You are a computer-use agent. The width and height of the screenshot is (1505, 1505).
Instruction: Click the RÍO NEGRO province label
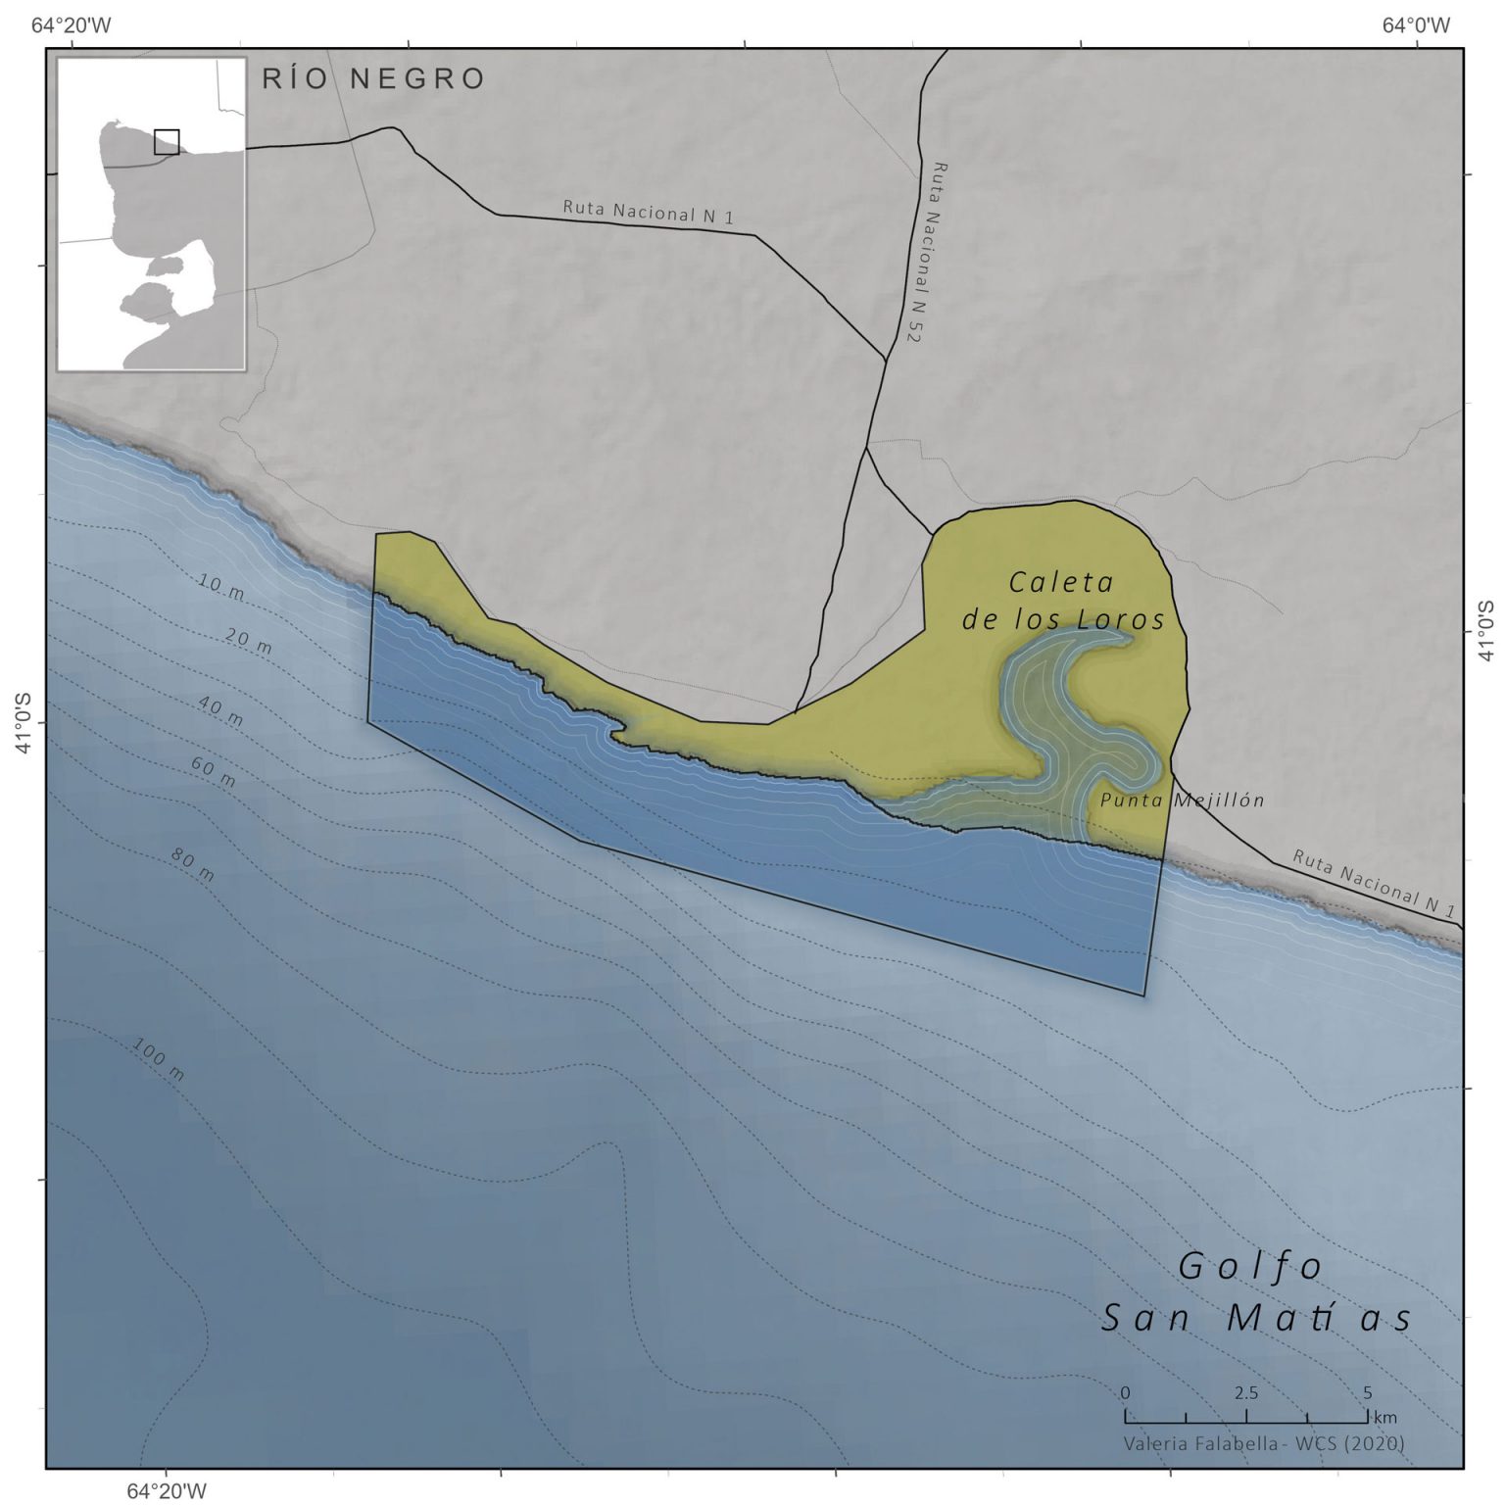click(x=373, y=78)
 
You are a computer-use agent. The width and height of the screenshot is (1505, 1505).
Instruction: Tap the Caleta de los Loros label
click(x=1063, y=601)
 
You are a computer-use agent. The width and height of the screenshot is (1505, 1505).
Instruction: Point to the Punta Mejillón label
click(x=1182, y=801)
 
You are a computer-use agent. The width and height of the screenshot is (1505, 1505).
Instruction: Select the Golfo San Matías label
click(x=1256, y=1292)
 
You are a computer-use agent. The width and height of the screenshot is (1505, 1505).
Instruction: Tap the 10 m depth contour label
click(x=220, y=588)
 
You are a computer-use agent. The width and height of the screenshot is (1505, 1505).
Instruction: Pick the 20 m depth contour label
click(x=248, y=641)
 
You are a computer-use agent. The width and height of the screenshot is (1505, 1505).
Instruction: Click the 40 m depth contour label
click(x=219, y=710)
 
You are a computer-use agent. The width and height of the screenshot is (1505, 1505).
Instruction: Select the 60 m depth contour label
click(x=213, y=772)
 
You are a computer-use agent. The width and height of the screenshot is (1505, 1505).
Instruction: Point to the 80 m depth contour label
click(x=192, y=865)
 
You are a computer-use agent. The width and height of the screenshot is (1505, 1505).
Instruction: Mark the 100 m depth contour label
click(x=158, y=1059)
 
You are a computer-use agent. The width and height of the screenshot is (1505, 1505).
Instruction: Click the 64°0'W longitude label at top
click(x=1416, y=25)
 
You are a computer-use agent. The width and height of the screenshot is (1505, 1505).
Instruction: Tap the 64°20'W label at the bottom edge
click(x=167, y=1490)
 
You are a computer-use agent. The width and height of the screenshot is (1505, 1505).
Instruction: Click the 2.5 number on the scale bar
click(x=1246, y=1393)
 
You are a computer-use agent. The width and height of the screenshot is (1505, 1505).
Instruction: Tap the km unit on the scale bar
click(x=1385, y=1417)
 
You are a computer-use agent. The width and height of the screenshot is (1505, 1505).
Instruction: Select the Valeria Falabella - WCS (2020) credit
click(x=1264, y=1443)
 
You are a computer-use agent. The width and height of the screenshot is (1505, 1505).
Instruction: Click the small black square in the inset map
click(x=167, y=142)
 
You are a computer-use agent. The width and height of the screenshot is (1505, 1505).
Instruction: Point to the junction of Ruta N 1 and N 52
click(x=887, y=360)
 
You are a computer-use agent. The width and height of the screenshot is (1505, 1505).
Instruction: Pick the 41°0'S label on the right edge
click(x=1487, y=631)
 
